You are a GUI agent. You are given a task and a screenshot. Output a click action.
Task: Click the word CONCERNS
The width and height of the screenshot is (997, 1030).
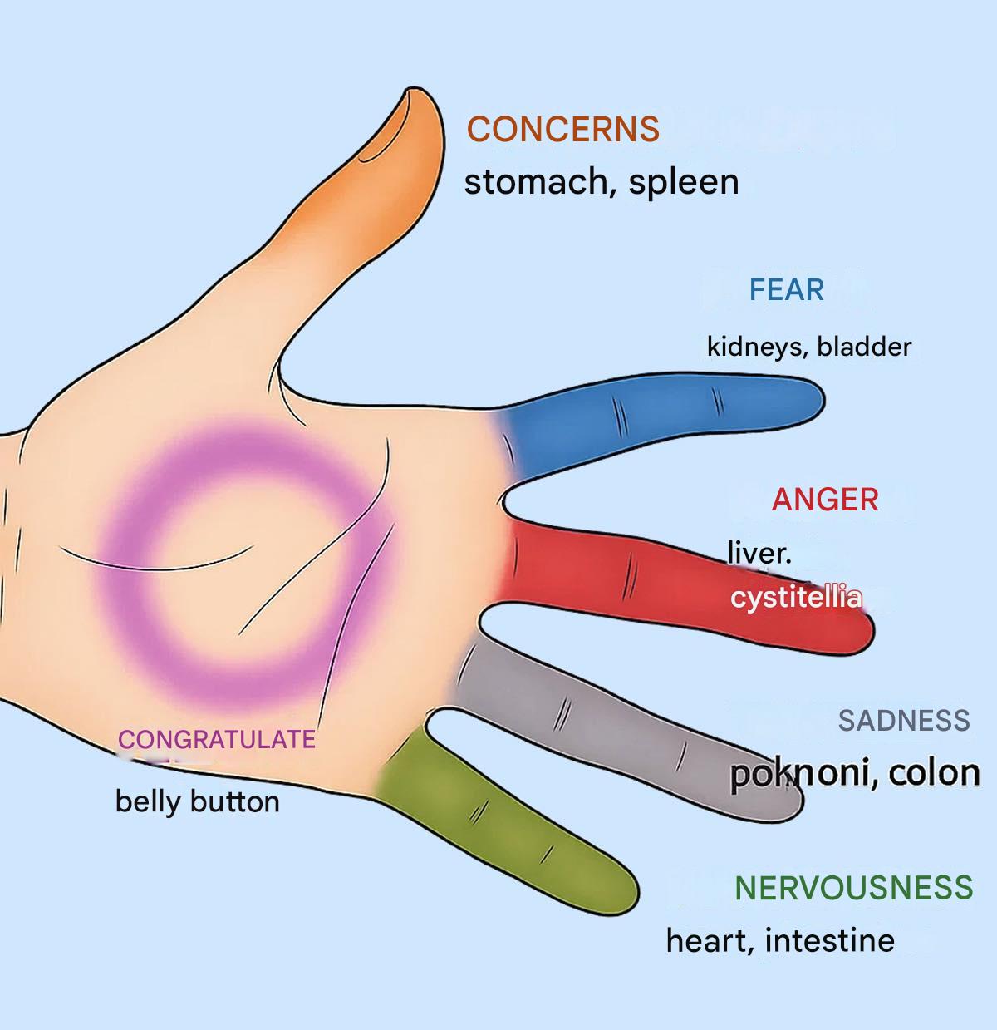(563, 130)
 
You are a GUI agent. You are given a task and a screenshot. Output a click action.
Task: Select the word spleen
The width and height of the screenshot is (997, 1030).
(683, 183)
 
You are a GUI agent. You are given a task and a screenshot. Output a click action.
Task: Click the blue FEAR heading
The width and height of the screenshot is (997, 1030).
(787, 290)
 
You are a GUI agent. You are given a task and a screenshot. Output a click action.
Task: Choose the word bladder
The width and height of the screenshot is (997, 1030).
(864, 347)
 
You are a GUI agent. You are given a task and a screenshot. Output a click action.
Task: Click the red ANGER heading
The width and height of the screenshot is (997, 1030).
(825, 500)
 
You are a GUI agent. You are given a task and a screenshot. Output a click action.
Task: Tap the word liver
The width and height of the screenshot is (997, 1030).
(758, 553)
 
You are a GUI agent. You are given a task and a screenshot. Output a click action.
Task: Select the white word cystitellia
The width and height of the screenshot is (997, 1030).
(796, 598)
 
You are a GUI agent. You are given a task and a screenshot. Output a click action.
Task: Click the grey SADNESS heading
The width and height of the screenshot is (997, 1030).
(904, 720)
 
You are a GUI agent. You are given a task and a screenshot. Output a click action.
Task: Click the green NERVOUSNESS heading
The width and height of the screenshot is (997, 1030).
(853, 888)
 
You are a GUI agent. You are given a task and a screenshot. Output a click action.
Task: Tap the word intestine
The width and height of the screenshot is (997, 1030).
(829, 941)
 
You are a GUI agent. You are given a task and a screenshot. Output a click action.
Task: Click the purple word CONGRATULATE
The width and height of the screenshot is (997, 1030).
(216, 739)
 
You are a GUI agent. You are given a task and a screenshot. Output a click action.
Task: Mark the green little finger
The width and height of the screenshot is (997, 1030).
(515, 840)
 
